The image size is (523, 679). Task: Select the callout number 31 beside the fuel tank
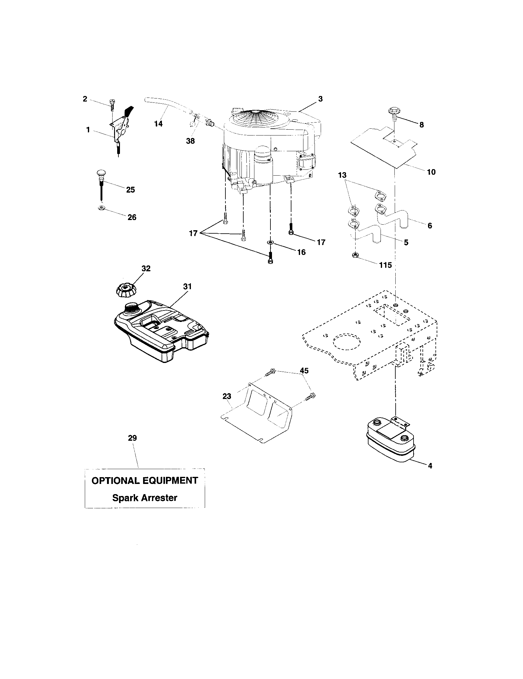[x=187, y=286]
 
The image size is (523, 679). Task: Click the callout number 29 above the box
[x=132, y=438]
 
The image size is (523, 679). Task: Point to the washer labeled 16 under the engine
[x=270, y=242]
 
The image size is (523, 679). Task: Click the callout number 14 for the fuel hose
[x=159, y=123]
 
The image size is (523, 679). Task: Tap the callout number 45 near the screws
[x=304, y=370]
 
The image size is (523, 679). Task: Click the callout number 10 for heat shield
[x=431, y=172]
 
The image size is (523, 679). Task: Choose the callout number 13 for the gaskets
[x=342, y=175]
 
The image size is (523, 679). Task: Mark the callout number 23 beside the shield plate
[x=227, y=396]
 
